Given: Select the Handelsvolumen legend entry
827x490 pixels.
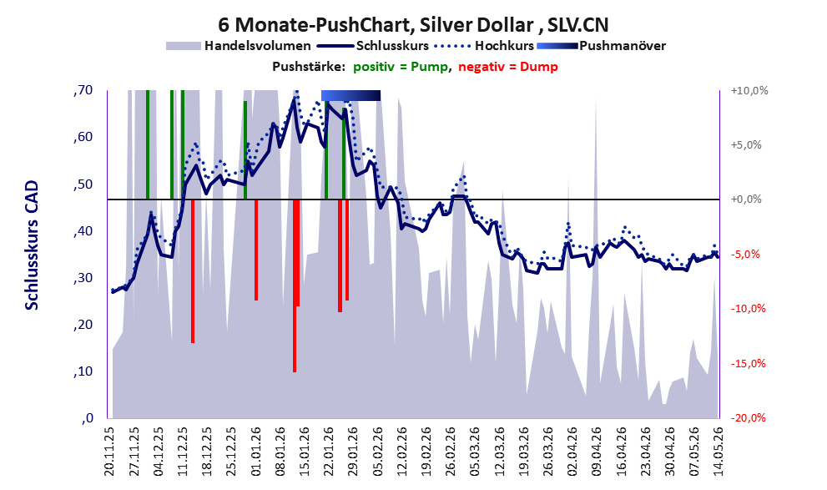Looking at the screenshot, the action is pyautogui.click(x=239, y=46).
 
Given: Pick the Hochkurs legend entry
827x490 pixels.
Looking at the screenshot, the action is pyautogui.click(x=484, y=46).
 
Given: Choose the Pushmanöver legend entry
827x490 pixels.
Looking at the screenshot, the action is pyautogui.click(x=601, y=46).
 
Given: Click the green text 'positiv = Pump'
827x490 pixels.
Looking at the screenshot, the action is pyautogui.click(x=401, y=67).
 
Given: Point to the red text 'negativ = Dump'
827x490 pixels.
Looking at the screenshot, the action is pyautogui.click(x=508, y=67).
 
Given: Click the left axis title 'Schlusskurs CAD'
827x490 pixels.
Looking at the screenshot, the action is pyautogui.click(x=33, y=245).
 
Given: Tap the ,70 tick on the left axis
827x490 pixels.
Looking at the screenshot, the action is pyautogui.click(x=83, y=90).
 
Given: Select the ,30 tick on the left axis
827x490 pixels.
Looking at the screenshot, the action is pyautogui.click(x=83, y=278).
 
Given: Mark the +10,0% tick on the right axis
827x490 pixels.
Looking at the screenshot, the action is pyautogui.click(x=749, y=91).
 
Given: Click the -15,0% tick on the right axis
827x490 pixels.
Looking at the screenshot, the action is pyautogui.click(x=748, y=363).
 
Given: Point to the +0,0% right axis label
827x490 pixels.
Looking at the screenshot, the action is pyautogui.click(x=746, y=200).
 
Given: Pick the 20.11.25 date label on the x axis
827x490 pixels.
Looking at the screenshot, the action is pyautogui.click(x=109, y=452).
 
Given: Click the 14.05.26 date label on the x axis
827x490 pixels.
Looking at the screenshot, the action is pyautogui.click(x=718, y=452).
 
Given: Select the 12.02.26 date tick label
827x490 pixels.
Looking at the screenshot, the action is pyautogui.click(x=401, y=452).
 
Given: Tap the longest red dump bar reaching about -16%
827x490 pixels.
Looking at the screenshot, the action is pyautogui.click(x=295, y=285).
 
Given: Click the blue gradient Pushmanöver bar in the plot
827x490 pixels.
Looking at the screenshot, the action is pyautogui.click(x=350, y=95).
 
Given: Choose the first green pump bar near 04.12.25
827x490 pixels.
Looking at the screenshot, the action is pyautogui.click(x=148, y=144).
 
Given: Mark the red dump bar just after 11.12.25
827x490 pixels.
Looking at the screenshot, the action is pyautogui.click(x=193, y=271).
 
